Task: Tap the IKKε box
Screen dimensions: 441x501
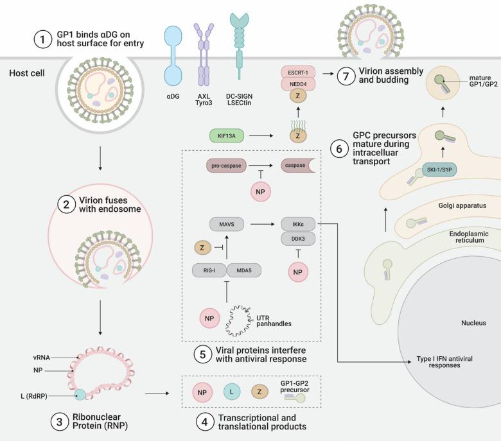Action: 297,225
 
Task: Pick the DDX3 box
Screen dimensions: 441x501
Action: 297,238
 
